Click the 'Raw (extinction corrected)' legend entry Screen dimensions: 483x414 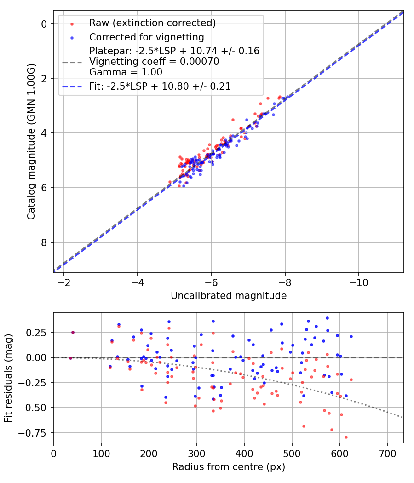click(x=152, y=23)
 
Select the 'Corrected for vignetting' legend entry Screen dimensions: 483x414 click(x=146, y=37)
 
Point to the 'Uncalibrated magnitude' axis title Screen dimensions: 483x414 click(x=229, y=296)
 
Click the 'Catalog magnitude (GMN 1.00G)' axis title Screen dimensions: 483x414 click(x=31, y=141)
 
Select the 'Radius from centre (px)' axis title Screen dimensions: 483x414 click(x=229, y=467)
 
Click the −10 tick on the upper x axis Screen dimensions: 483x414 click(x=358, y=282)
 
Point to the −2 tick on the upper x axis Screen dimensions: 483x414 click(x=63, y=282)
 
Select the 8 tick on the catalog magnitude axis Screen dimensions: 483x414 click(x=45, y=242)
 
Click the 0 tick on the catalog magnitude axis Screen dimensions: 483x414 click(x=45, y=24)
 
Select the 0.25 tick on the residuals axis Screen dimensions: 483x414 click(x=39, y=332)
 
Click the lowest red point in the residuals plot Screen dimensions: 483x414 click(x=346, y=437)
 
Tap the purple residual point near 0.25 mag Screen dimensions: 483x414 click(x=73, y=332)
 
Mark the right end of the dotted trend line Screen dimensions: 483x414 click(x=403, y=418)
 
